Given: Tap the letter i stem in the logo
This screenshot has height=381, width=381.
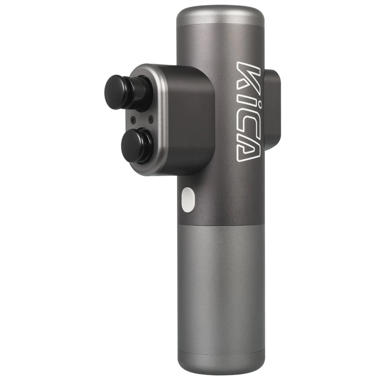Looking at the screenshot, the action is pos(250,98).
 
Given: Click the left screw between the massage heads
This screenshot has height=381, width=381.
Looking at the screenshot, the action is pos(133,119).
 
